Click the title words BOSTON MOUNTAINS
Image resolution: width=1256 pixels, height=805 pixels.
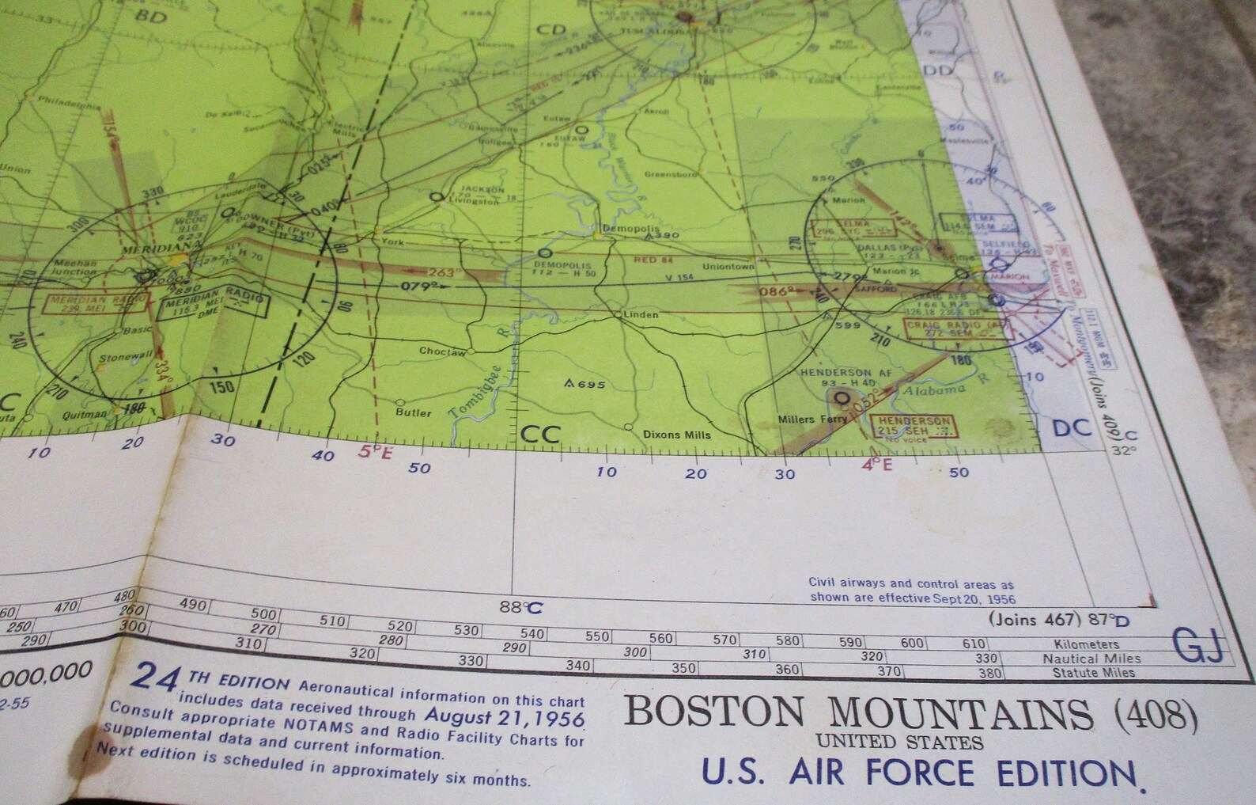point(858,714)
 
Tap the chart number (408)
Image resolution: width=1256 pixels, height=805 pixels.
point(1156,716)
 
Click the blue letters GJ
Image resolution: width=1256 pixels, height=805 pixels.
point(1198,647)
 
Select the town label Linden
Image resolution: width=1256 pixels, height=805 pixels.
point(641,314)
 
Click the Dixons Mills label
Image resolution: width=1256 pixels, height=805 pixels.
point(676,434)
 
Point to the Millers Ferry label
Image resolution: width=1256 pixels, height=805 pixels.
point(812,419)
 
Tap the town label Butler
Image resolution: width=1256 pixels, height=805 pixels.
point(414,412)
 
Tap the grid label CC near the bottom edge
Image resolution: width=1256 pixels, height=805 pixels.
point(541,435)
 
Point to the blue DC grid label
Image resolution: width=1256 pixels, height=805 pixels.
point(1072,428)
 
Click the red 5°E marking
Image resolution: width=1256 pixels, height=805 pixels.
point(375,452)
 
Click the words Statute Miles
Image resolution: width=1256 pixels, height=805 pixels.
point(1093,673)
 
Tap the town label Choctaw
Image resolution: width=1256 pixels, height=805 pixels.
point(442,351)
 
